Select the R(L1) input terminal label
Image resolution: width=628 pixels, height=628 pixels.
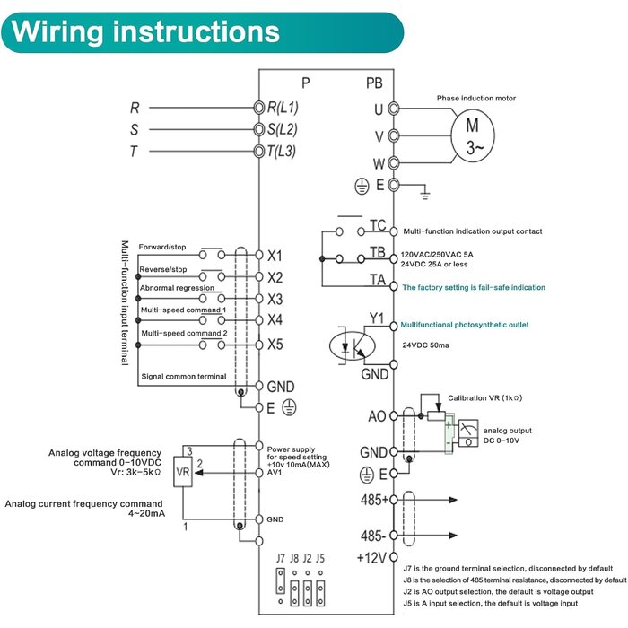point(283,108)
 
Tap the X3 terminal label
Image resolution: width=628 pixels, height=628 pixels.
point(275,299)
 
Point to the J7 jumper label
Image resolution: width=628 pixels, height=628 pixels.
point(280,558)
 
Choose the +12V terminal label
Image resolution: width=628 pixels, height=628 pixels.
point(371,557)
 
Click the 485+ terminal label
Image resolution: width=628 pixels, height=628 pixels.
point(374,500)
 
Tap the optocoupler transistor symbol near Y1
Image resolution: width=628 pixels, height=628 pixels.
point(352,345)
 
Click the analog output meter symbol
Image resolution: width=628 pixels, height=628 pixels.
point(468,433)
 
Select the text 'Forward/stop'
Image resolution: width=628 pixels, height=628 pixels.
point(162,247)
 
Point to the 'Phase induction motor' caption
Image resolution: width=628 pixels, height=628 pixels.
point(476,98)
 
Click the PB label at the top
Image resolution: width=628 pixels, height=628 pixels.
point(374,83)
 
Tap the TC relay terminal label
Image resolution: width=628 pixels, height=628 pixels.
point(378,225)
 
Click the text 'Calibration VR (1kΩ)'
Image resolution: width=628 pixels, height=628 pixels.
point(485,397)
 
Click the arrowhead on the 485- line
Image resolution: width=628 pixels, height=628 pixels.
point(453,535)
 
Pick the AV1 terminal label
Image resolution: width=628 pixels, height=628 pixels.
point(275,472)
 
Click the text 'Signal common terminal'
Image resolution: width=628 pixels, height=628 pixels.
point(184,377)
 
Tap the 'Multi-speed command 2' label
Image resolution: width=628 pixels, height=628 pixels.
point(184,333)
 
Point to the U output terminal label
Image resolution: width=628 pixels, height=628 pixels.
point(379,109)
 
